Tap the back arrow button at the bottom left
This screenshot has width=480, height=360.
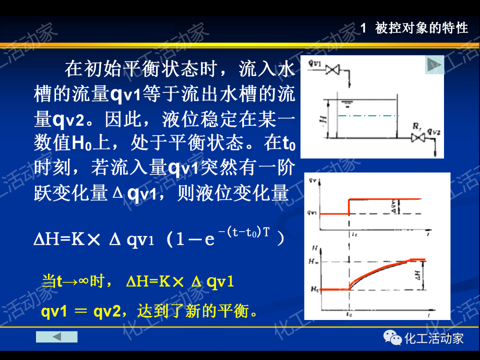click(56, 336)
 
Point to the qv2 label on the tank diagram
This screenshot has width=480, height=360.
click(434, 131)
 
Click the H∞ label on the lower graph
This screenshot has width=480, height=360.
click(313, 262)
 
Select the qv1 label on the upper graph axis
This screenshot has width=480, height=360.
click(312, 213)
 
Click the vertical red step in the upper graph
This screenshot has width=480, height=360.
click(348, 206)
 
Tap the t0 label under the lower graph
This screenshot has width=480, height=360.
click(349, 314)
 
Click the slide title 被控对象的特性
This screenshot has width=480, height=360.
click(422, 28)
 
